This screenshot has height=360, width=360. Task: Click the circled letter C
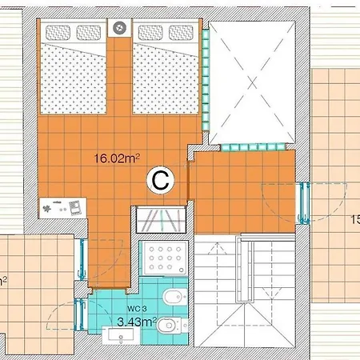click(159, 182)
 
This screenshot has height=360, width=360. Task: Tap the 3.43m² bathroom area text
click(136, 322)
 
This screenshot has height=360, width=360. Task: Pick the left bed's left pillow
click(58, 33)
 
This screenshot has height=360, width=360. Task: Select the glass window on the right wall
click(305, 204)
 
